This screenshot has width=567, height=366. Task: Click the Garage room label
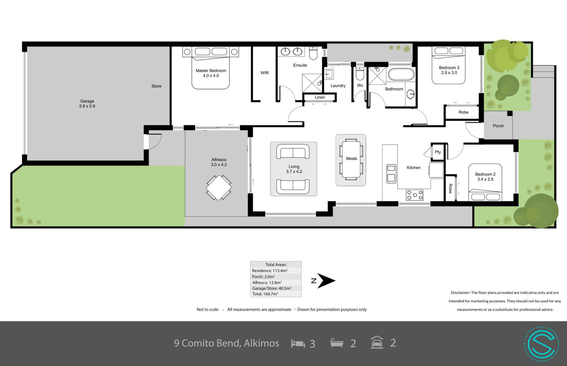(x=87, y=101)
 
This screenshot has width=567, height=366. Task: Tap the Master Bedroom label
(x=211, y=71)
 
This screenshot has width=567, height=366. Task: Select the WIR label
(x=265, y=73)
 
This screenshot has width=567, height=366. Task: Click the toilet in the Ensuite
(x=313, y=53)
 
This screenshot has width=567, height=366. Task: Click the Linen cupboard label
(x=320, y=97)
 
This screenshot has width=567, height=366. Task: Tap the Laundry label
(x=338, y=86)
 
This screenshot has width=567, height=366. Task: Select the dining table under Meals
(x=351, y=160)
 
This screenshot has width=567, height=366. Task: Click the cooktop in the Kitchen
(x=415, y=195)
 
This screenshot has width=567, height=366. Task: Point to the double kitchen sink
(x=391, y=173)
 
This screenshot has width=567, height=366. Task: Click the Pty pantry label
(x=438, y=152)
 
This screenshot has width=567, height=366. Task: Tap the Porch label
(x=498, y=126)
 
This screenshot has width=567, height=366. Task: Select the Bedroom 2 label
(x=485, y=174)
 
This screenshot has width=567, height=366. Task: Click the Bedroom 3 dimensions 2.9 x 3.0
(x=449, y=73)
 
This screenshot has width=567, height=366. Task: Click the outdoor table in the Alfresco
(x=219, y=188)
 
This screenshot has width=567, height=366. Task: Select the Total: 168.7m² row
(x=265, y=294)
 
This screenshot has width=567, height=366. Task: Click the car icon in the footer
(x=377, y=343)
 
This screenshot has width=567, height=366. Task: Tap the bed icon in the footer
(x=298, y=343)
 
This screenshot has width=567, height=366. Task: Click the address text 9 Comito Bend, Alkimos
(x=227, y=343)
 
